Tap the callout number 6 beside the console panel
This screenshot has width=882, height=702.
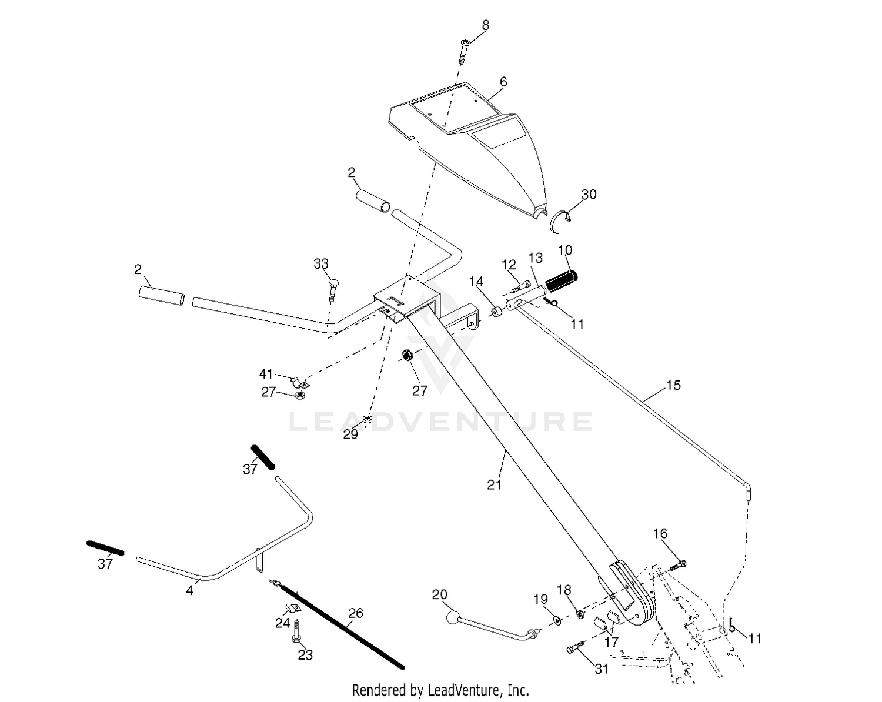[x=503, y=82]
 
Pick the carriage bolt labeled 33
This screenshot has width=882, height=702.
[x=333, y=290]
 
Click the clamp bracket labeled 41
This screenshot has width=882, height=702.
[x=300, y=383]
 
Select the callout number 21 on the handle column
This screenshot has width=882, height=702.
[x=494, y=485]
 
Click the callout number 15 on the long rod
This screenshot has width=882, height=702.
[x=673, y=385]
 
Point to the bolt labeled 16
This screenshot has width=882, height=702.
[x=678, y=565]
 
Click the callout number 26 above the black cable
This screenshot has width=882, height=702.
[x=355, y=613]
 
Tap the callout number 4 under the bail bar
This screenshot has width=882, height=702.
[x=189, y=590]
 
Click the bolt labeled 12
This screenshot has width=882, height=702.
[x=520, y=286]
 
